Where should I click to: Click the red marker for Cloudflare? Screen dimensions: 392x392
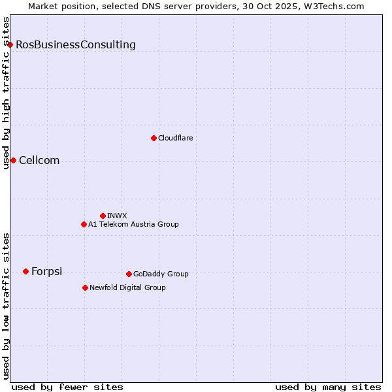pos(154,138)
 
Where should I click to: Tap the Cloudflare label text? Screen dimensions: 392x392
pos(176,138)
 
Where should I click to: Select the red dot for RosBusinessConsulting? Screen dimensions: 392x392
pos(10,44)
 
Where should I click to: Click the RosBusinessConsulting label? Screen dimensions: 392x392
pos(76,45)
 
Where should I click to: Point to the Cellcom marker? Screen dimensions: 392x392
pos(13,160)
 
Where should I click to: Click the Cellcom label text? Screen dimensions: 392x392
pos(39,161)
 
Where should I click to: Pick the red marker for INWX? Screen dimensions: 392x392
pos(103,216)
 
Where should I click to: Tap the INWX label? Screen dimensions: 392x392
pos(117,216)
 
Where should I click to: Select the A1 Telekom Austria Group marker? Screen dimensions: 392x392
pos(84,224)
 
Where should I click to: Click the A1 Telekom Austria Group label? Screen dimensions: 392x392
pos(133,224)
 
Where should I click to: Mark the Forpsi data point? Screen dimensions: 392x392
pos(25,271)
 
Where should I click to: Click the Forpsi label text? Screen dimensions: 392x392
pos(46,272)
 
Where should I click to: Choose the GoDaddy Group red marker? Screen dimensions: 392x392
pos(129,274)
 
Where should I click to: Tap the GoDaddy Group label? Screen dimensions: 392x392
pos(161,274)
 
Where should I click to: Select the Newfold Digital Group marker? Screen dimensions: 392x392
pos(85,287)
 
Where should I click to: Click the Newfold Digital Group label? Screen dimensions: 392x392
pos(127,287)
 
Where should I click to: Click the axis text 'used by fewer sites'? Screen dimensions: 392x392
pos(67,387)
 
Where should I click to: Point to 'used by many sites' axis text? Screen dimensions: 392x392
pos(328,387)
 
